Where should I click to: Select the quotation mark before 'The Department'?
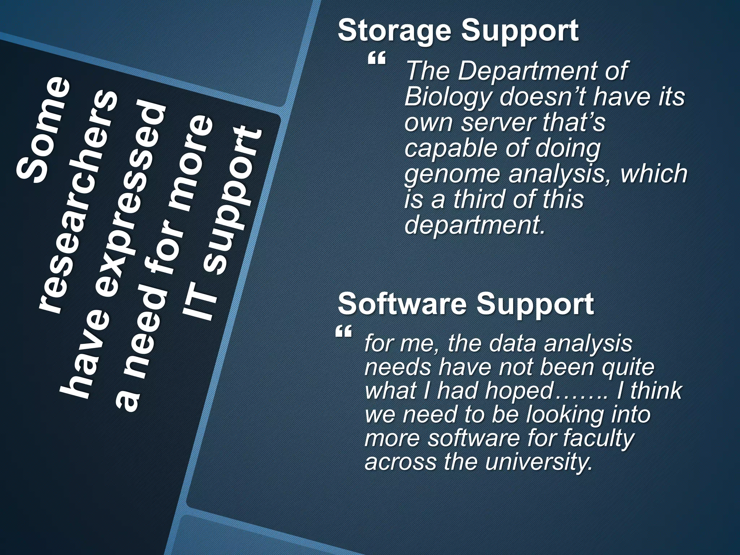tap(377, 59)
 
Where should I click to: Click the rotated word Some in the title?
tap(43, 130)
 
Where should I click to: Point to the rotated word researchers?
tap(78, 201)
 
